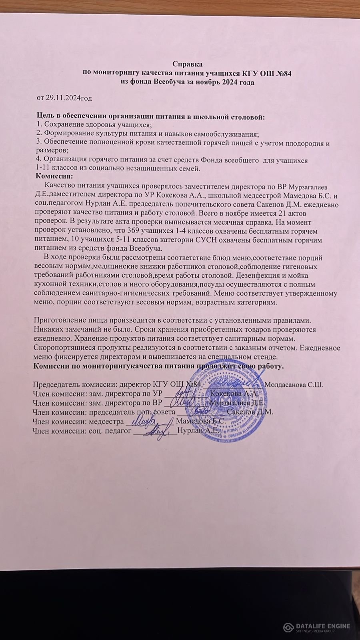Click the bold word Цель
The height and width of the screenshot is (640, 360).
pyautogui.click(x=45, y=117)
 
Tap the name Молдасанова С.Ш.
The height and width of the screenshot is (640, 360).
pyautogui.click(x=294, y=385)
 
